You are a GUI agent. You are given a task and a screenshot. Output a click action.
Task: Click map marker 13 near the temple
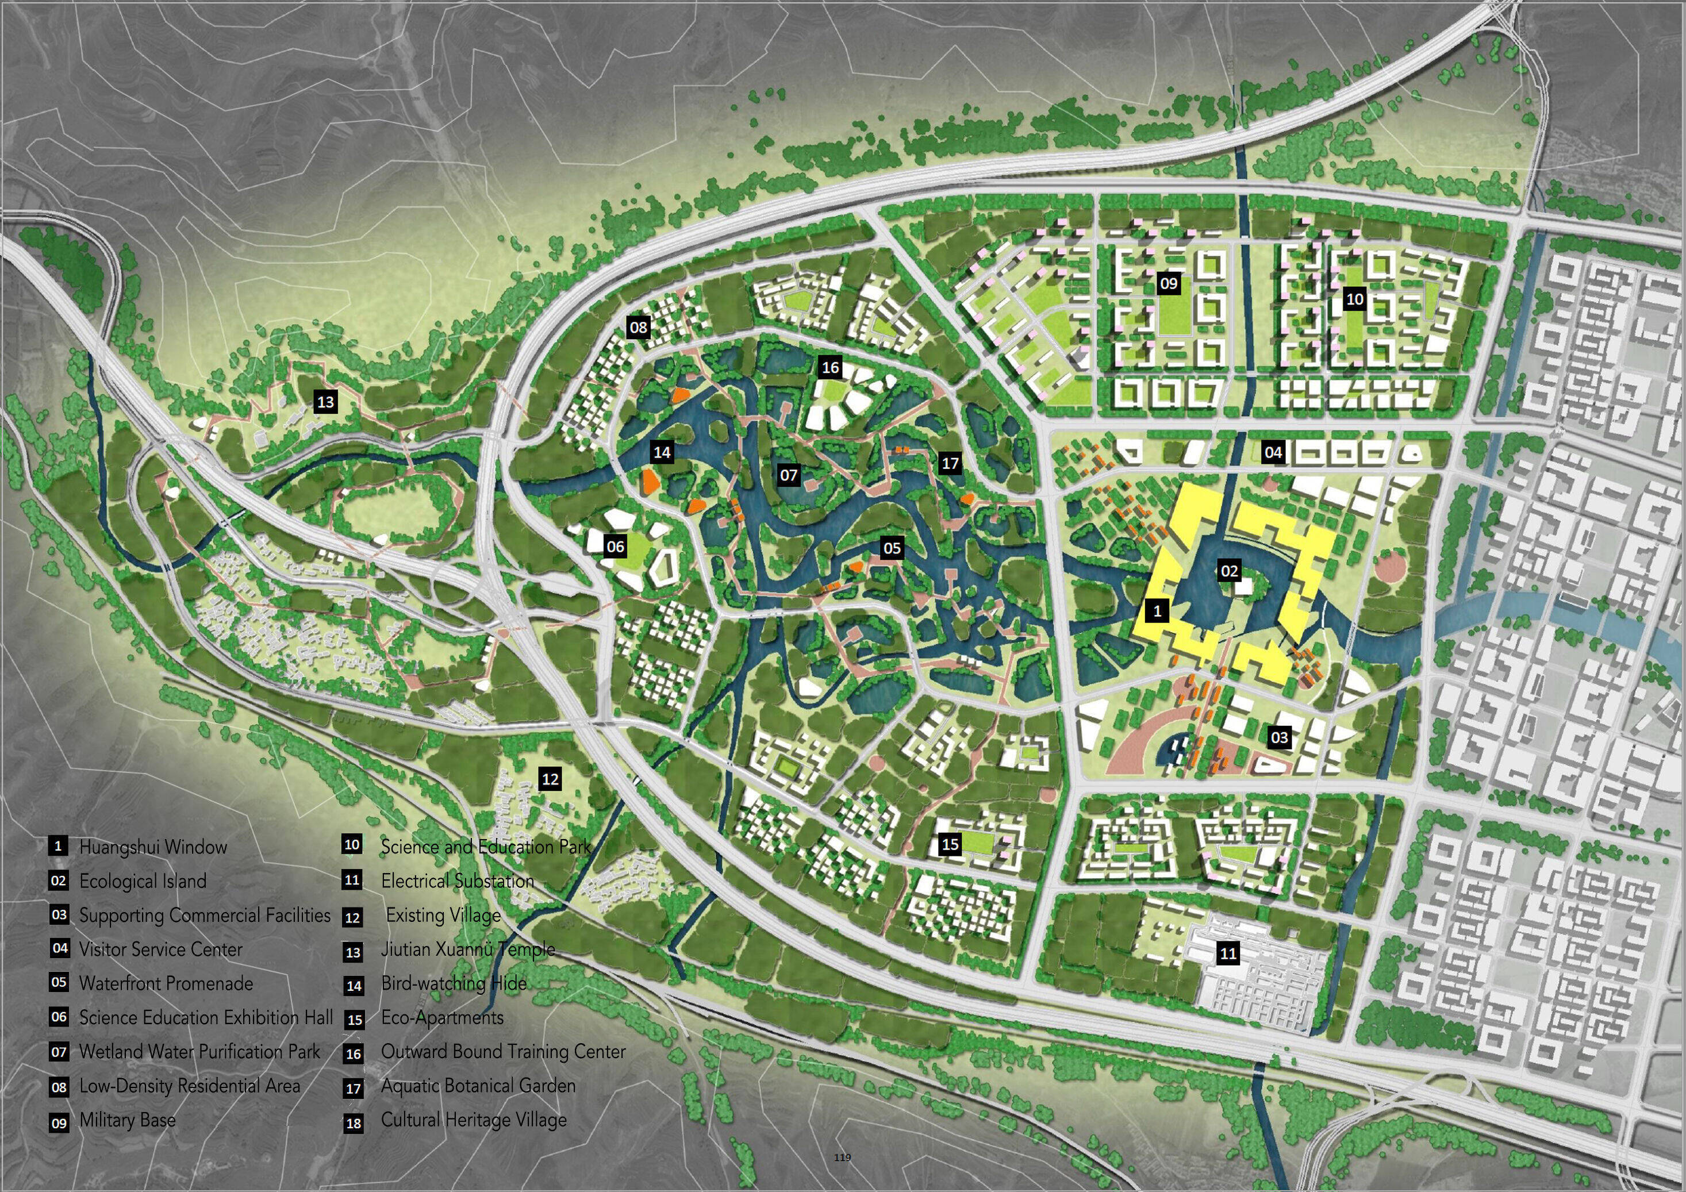[x=325, y=402]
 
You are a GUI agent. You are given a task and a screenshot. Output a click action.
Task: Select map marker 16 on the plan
[x=831, y=368]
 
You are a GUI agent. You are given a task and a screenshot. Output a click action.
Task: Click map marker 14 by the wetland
[x=662, y=452]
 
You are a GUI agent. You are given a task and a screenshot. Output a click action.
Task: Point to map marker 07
[x=789, y=475]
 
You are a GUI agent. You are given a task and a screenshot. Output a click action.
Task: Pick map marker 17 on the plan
[x=950, y=463]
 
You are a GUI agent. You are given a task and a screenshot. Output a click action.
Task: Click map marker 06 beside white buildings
[x=615, y=546]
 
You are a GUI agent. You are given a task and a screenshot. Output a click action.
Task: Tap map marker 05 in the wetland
[x=892, y=548]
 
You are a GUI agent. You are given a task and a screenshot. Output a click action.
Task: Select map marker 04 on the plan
[x=1273, y=453]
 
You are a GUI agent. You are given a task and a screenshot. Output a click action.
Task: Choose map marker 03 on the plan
[x=1279, y=737]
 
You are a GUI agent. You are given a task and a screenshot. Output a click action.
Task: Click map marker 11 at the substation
[x=1228, y=953]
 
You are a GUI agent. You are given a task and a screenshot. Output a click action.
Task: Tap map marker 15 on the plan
[x=950, y=844]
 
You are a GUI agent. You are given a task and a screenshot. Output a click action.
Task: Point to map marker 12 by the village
[x=550, y=779]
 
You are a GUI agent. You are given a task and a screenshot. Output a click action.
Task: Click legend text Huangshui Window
[x=153, y=847]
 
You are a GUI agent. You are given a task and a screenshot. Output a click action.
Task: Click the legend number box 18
[x=353, y=1124]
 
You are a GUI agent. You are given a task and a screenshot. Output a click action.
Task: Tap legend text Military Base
[x=127, y=1120]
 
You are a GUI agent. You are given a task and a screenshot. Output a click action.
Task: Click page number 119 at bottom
[x=842, y=1158]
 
